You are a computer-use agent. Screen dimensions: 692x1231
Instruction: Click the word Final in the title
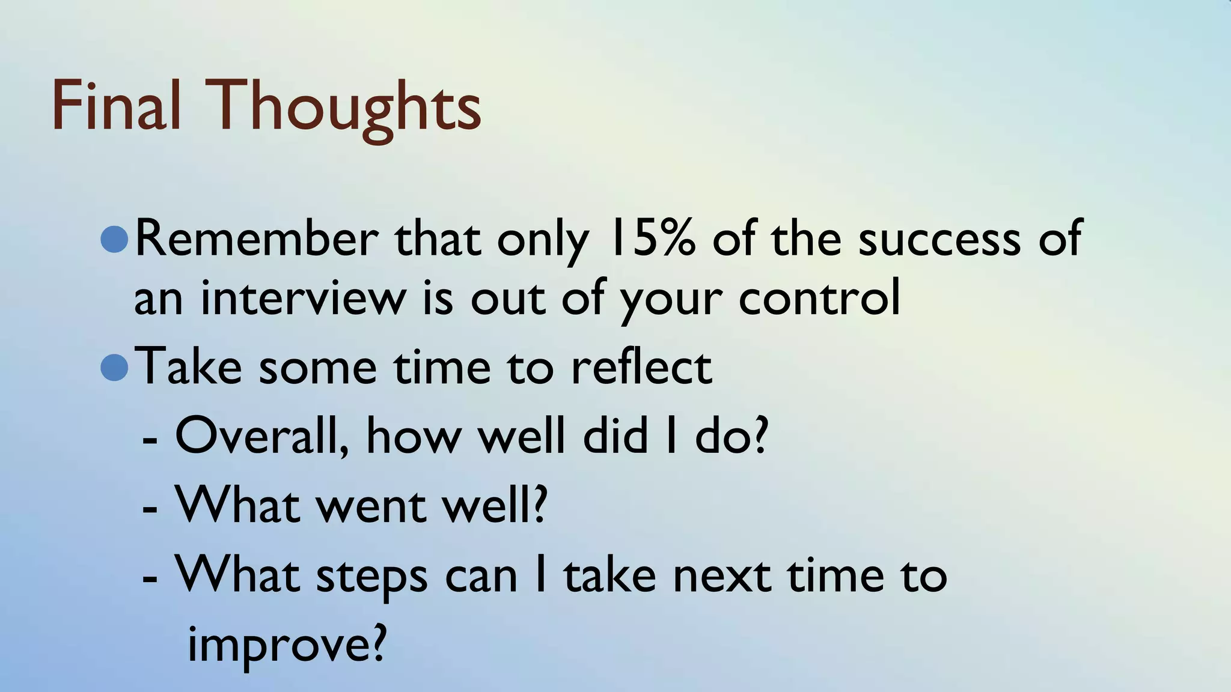tap(115, 106)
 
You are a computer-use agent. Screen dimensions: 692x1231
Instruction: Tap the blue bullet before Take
tap(114, 367)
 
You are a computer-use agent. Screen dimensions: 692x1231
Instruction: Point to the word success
tap(939, 239)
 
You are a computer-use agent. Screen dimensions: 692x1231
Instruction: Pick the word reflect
tap(641, 367)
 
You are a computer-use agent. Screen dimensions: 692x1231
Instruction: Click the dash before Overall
tap(150, 442)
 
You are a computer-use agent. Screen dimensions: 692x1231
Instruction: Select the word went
tap(370, 506)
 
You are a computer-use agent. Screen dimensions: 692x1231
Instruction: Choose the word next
tap(721, 575)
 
